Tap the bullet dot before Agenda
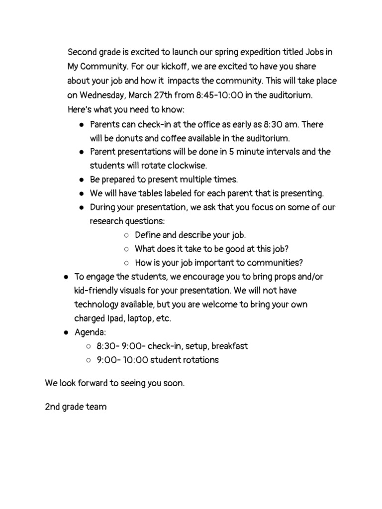(x=66, y=332)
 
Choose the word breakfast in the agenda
(x=229, y=346)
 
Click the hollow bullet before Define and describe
(x=126, y=235)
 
